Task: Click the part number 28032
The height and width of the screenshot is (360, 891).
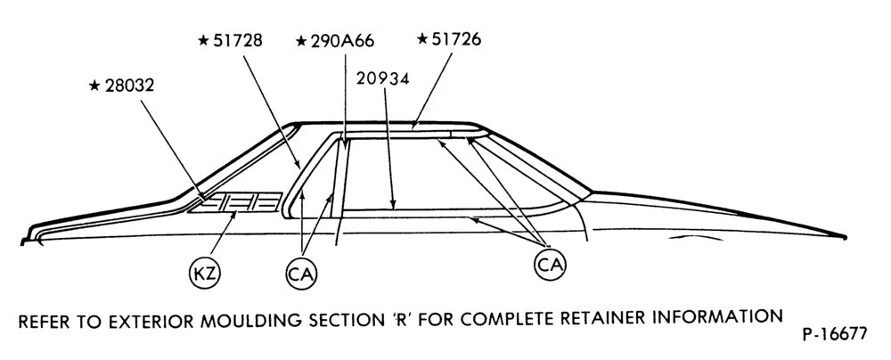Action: pos(129,86)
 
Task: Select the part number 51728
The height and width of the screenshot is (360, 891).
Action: pos(238,40)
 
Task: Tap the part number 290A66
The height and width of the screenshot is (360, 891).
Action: pos(343,42)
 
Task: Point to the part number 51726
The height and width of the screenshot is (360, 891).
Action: pos(456,39)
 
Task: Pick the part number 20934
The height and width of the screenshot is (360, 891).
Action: pos(383,79)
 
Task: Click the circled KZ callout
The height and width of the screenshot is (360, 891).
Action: pos(205,274)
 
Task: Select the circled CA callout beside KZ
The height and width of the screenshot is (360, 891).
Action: pos(301,274)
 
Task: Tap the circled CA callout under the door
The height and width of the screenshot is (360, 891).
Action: pos(550,265)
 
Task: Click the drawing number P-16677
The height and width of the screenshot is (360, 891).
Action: pos(835,334)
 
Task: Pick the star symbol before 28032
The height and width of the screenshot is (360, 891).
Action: pos(94,86)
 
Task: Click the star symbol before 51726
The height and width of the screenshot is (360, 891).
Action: pos(421,38)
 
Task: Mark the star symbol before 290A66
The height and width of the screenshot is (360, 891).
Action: pos(301,42)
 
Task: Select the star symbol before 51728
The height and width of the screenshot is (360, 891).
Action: pos(203,40)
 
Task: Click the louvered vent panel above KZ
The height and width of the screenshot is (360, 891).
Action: pos(235,202)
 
